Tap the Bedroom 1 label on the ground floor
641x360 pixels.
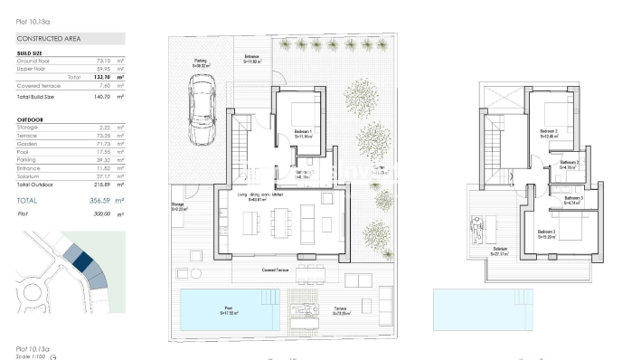304,133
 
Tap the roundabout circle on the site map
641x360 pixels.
26,296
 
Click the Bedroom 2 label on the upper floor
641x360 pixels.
549,131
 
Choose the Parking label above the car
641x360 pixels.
201,62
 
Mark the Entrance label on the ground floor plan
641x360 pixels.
252,57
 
